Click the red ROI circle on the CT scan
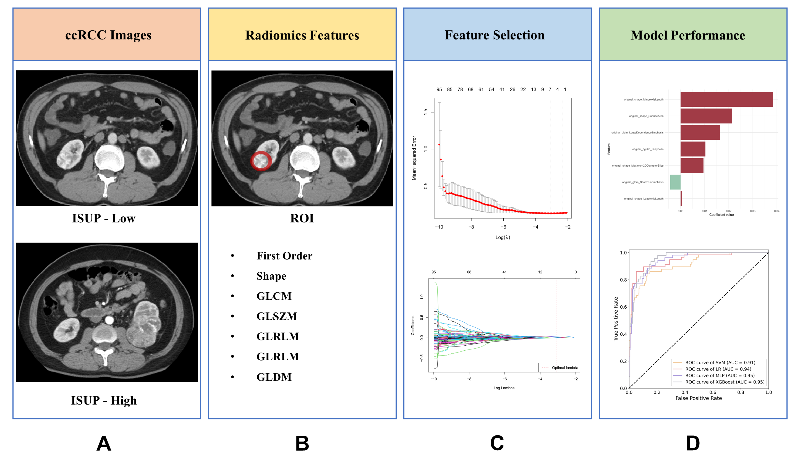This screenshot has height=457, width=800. (x=261, y=161)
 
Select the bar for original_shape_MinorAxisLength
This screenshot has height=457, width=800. (x=726, y=99)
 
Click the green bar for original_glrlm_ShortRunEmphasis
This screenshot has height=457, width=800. (x=675, y=182)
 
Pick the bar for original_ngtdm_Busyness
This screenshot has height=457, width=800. (x=693, y=149)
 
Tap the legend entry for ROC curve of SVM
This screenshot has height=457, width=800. (x=720, y=363)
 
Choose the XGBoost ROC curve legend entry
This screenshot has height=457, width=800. (x=725, y=382)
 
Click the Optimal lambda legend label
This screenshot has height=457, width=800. (x=564, y=367)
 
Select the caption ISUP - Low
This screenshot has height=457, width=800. (x=104, y=218)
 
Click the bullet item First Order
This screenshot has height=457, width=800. (x=284, y=256)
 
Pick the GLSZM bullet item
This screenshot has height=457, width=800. (x=277, y=316)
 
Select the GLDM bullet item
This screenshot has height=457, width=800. (x=274, y=377)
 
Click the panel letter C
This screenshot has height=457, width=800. (x=497, y=443)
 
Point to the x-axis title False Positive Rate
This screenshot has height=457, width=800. (x=699, y=398)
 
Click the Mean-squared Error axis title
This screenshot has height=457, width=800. (x=414, y=158)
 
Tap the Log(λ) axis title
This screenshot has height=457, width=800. (x=503, y=237)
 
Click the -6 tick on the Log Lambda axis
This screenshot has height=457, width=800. (x=504, y=379)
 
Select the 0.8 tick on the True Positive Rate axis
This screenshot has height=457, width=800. (x=623, y=280)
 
